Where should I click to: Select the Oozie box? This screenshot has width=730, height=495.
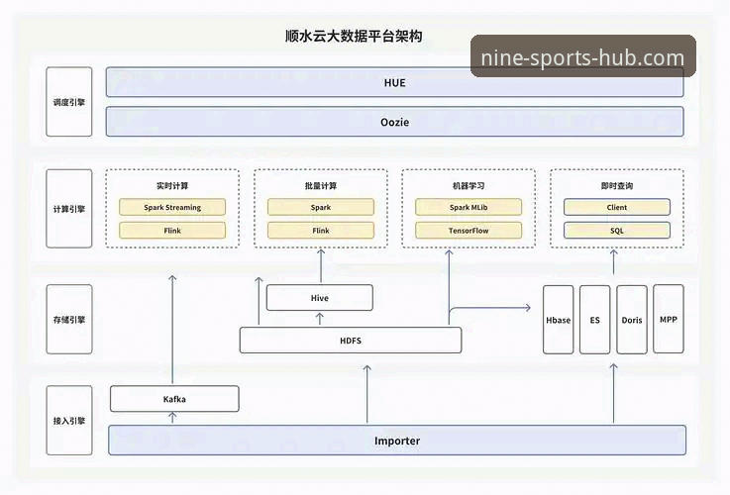point(394,122)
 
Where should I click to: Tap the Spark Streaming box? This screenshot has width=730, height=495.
point(172,208)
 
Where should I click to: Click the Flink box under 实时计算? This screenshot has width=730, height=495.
point(172,231)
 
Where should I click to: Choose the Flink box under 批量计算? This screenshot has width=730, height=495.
point(321,231)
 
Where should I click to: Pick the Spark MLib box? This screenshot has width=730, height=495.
point(469,208)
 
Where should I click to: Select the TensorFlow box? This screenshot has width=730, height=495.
point(469,231)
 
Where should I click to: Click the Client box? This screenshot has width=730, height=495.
point(617,208)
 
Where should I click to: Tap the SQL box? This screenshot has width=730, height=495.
point(617,231)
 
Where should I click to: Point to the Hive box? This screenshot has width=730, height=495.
point(320,298)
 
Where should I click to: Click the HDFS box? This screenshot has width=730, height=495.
point(351,341)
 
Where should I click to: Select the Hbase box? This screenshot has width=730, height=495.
point(559,320)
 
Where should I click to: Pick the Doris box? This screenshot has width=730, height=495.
point(632,320)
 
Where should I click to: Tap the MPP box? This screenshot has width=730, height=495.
point(669,319)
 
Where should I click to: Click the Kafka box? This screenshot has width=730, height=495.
point(174,399)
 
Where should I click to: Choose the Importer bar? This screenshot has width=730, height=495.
point(396,441)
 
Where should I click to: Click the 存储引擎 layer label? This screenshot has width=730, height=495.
point(69,320)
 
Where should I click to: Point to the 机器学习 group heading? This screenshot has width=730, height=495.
point(469,186)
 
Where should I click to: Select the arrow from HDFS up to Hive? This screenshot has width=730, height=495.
point(320,319)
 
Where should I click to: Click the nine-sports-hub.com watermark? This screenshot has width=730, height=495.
point(582,57)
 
